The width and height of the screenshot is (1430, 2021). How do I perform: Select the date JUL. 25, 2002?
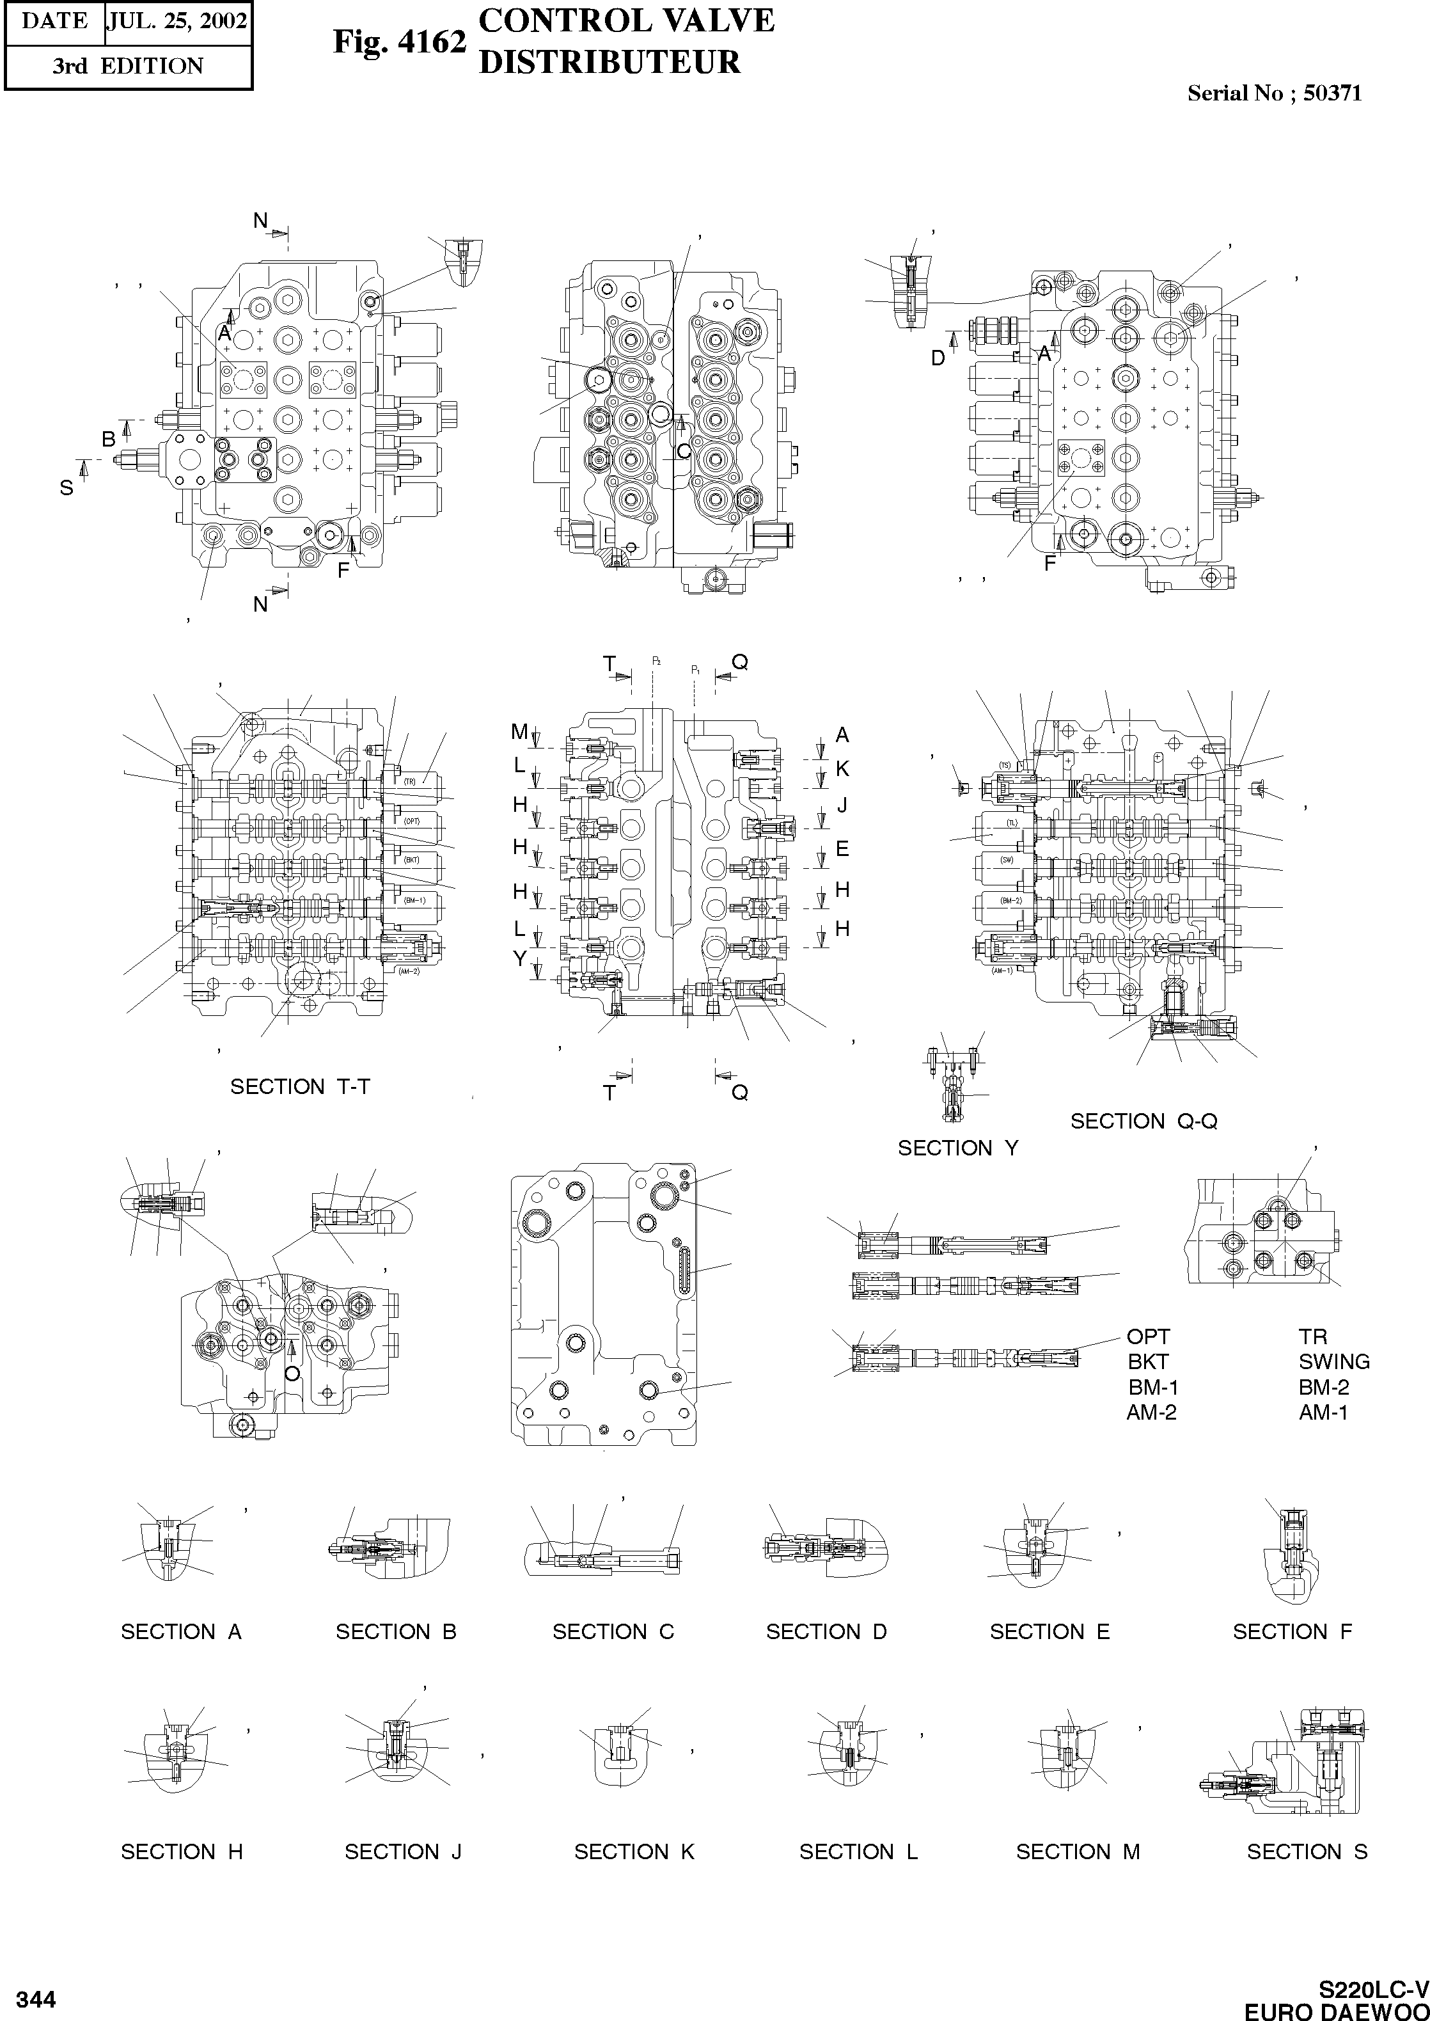177,21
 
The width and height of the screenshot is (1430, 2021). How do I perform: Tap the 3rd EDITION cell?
128,66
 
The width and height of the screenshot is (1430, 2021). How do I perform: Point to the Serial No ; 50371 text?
1274,93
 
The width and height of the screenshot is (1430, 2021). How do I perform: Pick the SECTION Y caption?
958,1148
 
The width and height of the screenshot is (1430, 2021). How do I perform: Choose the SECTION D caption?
827,1632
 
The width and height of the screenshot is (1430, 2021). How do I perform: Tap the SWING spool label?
1334,1361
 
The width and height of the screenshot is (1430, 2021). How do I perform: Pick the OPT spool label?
1148,1336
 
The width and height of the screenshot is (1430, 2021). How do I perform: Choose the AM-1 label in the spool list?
1323,1413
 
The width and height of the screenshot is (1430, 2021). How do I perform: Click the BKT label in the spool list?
1148,1361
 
